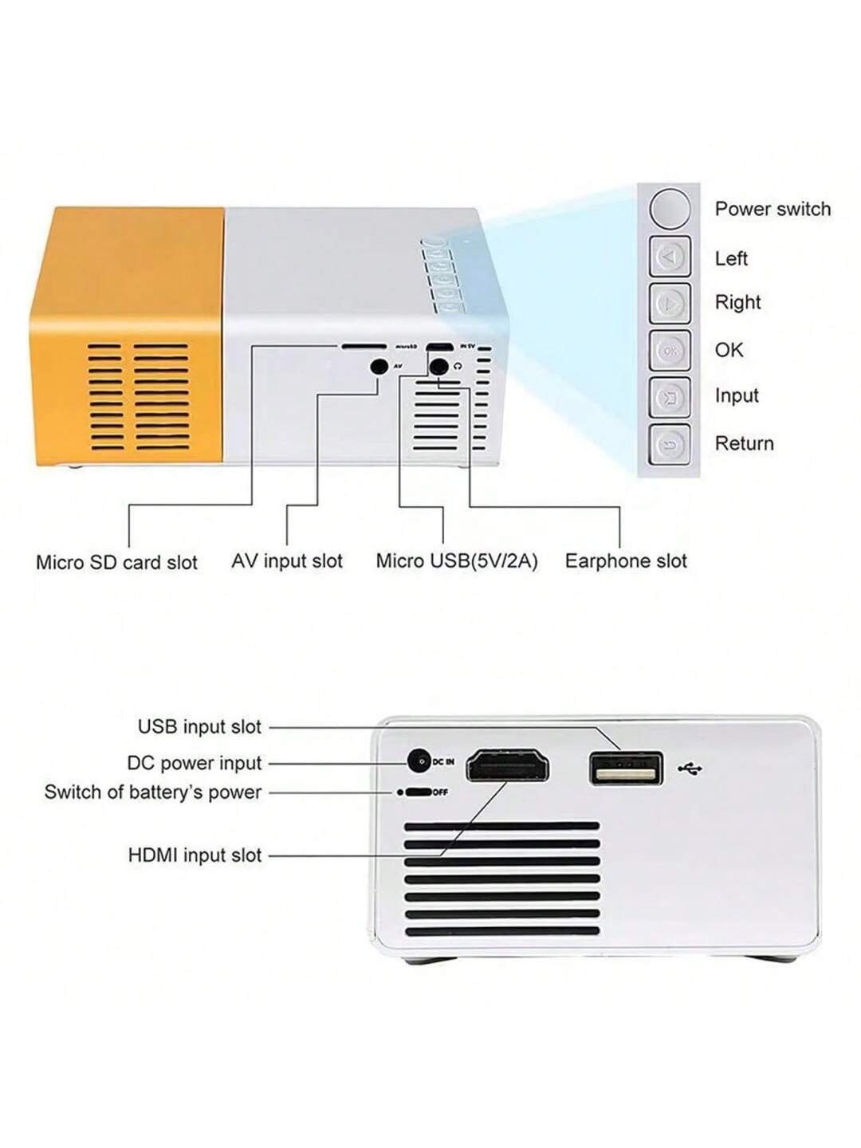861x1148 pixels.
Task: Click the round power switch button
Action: [x=670, y=209]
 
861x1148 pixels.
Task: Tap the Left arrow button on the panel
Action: [x=670, y=258]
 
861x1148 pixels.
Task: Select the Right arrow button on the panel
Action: [x=670, y=303]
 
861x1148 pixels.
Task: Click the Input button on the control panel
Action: [x=670, y=396]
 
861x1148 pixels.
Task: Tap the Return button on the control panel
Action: [x=670, y=444]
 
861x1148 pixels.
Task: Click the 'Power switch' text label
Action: [x=772, y=209]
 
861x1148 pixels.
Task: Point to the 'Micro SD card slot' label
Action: [x=116, y=562]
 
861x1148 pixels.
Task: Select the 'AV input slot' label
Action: [x=287, y=561]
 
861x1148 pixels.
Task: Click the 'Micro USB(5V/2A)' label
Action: [x=456, y=561]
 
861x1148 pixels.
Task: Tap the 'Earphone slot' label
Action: [x=625, y=561]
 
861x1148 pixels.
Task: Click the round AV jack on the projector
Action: [x=379, y=367]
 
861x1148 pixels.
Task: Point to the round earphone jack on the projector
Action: [x=438, y=367]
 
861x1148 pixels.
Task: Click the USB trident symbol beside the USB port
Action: [x=690, y=769]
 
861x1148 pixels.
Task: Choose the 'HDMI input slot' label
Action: [x=195, y=855]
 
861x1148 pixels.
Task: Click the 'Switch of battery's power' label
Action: [x=153, y=792]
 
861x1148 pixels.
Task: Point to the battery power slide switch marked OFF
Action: [x=418, y=792]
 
